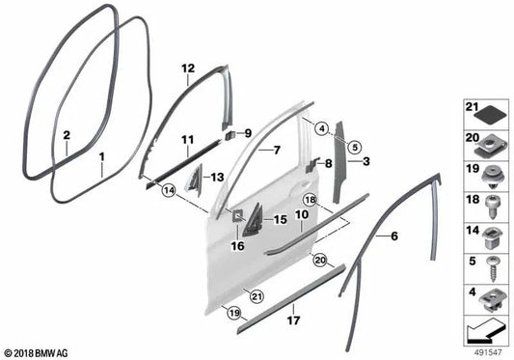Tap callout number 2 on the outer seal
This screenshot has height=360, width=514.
[66, 137]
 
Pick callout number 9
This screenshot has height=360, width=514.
[247, 132]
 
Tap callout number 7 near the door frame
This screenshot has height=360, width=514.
[275, 150]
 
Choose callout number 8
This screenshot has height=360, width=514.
[329, 164]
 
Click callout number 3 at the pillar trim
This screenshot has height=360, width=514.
[367, 163]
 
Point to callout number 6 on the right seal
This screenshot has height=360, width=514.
[393, 234]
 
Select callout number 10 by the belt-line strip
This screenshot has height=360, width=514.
[301, 227]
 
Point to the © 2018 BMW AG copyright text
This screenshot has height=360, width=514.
[38, 352]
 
